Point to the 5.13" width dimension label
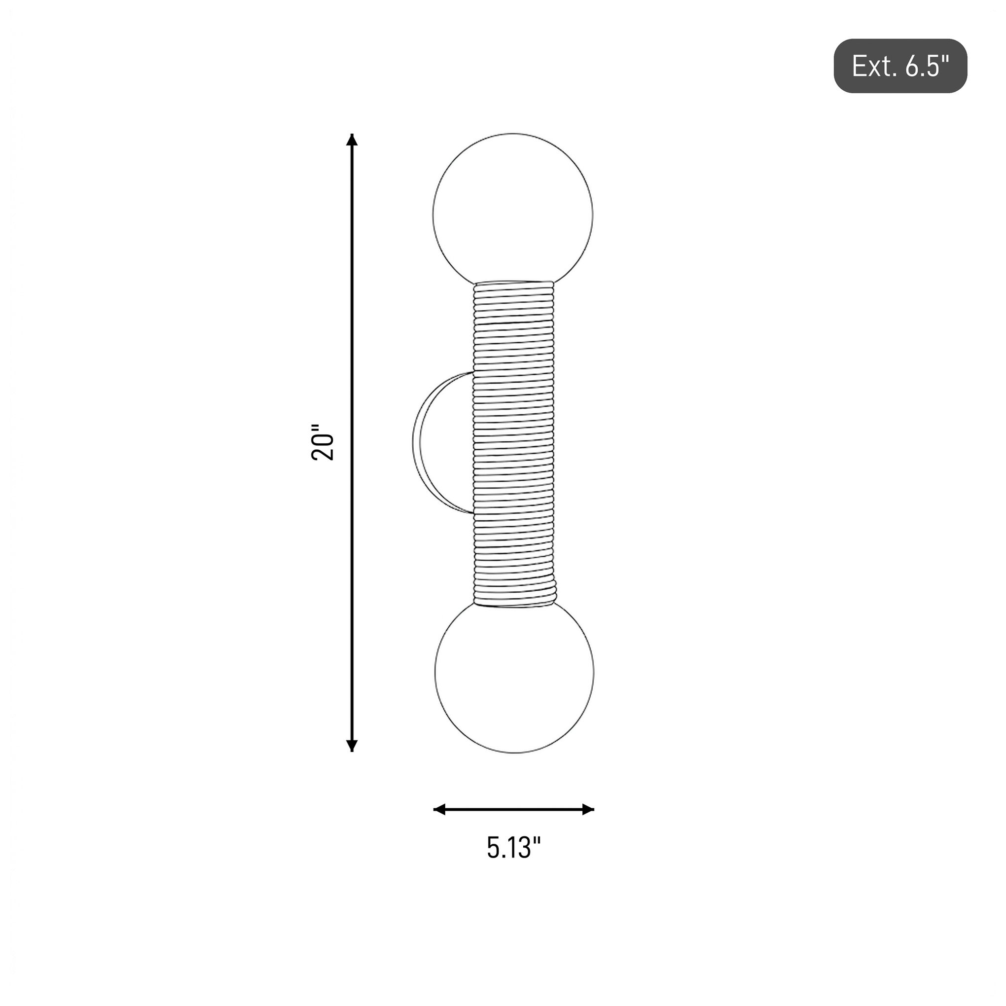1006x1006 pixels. (x=514, y=847)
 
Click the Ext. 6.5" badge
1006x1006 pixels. (x=900, y=66)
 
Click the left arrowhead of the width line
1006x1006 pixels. (x=440, y=809)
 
